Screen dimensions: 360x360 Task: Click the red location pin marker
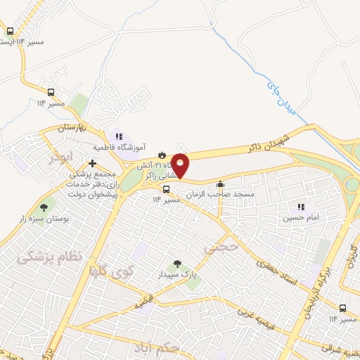point(181,165)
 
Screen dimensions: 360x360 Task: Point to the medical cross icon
point(92,162)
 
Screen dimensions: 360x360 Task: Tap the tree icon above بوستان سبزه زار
point(45,207)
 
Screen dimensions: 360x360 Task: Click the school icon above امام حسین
point(301,207)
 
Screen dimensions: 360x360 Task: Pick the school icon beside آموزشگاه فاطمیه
point(118,136)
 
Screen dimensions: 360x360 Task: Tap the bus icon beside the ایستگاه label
point(11,32)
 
